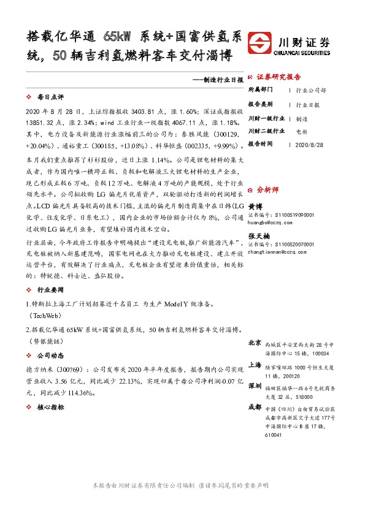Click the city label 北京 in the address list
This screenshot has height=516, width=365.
[255, 343]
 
